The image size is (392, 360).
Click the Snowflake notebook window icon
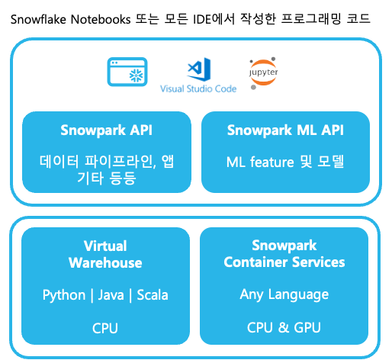click(x=127, y=72)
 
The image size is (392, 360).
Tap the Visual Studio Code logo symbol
click(x=199, y=69)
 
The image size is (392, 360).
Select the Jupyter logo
click(x=263, y=73)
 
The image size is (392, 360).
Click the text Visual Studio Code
click(x=198, y=88)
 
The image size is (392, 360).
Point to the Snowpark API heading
click(x=106, y=130)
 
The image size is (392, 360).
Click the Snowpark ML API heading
click(x=285, y=130)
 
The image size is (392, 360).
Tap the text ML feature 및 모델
click(x=285, y=162)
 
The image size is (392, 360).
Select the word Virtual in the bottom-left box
click(x=105, y=246)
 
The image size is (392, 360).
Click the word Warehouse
click(x=105, y=262)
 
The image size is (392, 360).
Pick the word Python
click(x=64, y=295)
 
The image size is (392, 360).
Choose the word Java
click(x=111, y=295)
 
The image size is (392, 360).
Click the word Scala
click(x=153, y=295)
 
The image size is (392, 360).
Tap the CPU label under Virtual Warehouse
click(x=105, y=328)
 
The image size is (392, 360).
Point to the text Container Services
click(x=284, y=262)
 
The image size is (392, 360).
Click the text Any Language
click(x=284, y=295)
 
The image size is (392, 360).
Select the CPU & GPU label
click(x=284, y=327)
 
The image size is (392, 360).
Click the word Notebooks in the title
click(x=101, y=19)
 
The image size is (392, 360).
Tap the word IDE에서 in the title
click(x=214, y=19)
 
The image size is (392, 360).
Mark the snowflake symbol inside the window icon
click(x=137, y=76)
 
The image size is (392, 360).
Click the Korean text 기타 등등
click(x=107, y=178)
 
